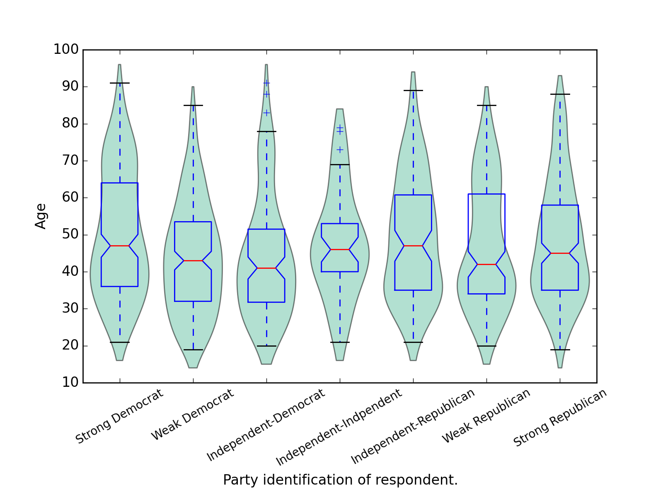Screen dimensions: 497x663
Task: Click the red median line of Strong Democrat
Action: pos(120,246)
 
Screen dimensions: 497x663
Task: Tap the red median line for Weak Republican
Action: pos(486,264)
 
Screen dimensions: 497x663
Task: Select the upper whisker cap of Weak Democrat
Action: pos(193,105)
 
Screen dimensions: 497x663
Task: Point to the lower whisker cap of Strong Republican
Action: pos(560,350)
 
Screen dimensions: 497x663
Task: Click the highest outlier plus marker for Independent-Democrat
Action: pos(266,83)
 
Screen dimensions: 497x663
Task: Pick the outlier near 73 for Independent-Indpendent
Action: pos(340,150)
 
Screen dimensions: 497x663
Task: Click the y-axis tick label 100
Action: pos(66,50)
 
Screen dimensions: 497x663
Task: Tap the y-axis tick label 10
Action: pos(70,383)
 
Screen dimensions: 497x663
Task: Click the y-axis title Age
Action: pos(41,216)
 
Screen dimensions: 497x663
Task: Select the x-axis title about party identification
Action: pos(340,480)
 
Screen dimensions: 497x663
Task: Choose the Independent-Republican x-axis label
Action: pos(413,427)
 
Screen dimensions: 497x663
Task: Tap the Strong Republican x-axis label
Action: pos(560,418)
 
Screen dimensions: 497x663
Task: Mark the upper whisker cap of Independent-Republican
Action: pos(413,90)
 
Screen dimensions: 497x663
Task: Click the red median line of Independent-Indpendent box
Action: pos(340,249)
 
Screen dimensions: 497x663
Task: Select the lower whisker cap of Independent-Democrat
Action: pos(266,346)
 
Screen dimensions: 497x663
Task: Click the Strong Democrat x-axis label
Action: pos(119,417)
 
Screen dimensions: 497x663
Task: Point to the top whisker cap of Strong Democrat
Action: pos(120,83)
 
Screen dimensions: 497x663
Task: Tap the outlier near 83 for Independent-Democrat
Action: pos(266,113)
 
